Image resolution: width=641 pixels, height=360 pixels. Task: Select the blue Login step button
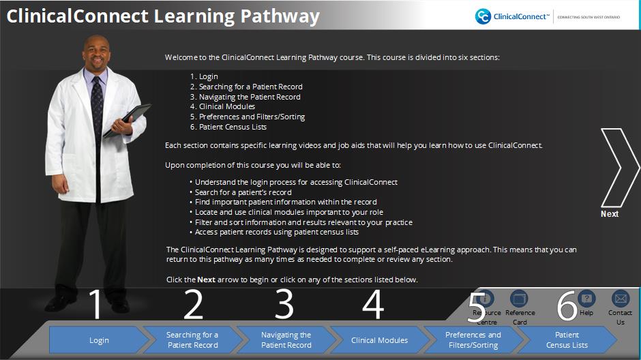(x=100, y=340)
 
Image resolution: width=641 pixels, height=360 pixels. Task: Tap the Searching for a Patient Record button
(x=192, y=340)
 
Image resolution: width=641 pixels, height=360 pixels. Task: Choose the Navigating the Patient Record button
(x=286, y=340)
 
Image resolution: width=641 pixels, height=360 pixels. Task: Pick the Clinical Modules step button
(x=379, y=340)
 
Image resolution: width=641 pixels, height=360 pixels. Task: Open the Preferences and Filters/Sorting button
(x=473, y=340)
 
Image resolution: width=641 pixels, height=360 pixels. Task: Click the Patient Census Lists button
(x=567, y=340)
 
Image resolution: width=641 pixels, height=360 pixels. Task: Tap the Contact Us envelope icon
(x=621, y=299)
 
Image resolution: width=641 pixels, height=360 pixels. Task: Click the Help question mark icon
(x=586, y=299)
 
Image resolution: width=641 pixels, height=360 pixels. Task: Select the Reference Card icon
(x=519, y=299)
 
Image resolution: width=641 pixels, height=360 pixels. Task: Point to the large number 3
(x=284, y=303)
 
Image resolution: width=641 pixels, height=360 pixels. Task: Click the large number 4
(x=373, y=304)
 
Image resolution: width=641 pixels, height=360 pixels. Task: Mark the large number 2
(x=194, y=304)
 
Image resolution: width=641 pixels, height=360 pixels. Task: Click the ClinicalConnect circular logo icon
(x=483, y=16)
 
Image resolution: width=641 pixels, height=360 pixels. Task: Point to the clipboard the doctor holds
(x=128, y=120)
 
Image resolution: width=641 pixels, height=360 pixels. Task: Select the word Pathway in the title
(x=280, y=16)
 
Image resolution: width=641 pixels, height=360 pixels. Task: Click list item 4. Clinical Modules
(x=222, y=106)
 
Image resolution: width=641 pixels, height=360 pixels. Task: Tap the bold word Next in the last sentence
(x=206, y=280)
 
